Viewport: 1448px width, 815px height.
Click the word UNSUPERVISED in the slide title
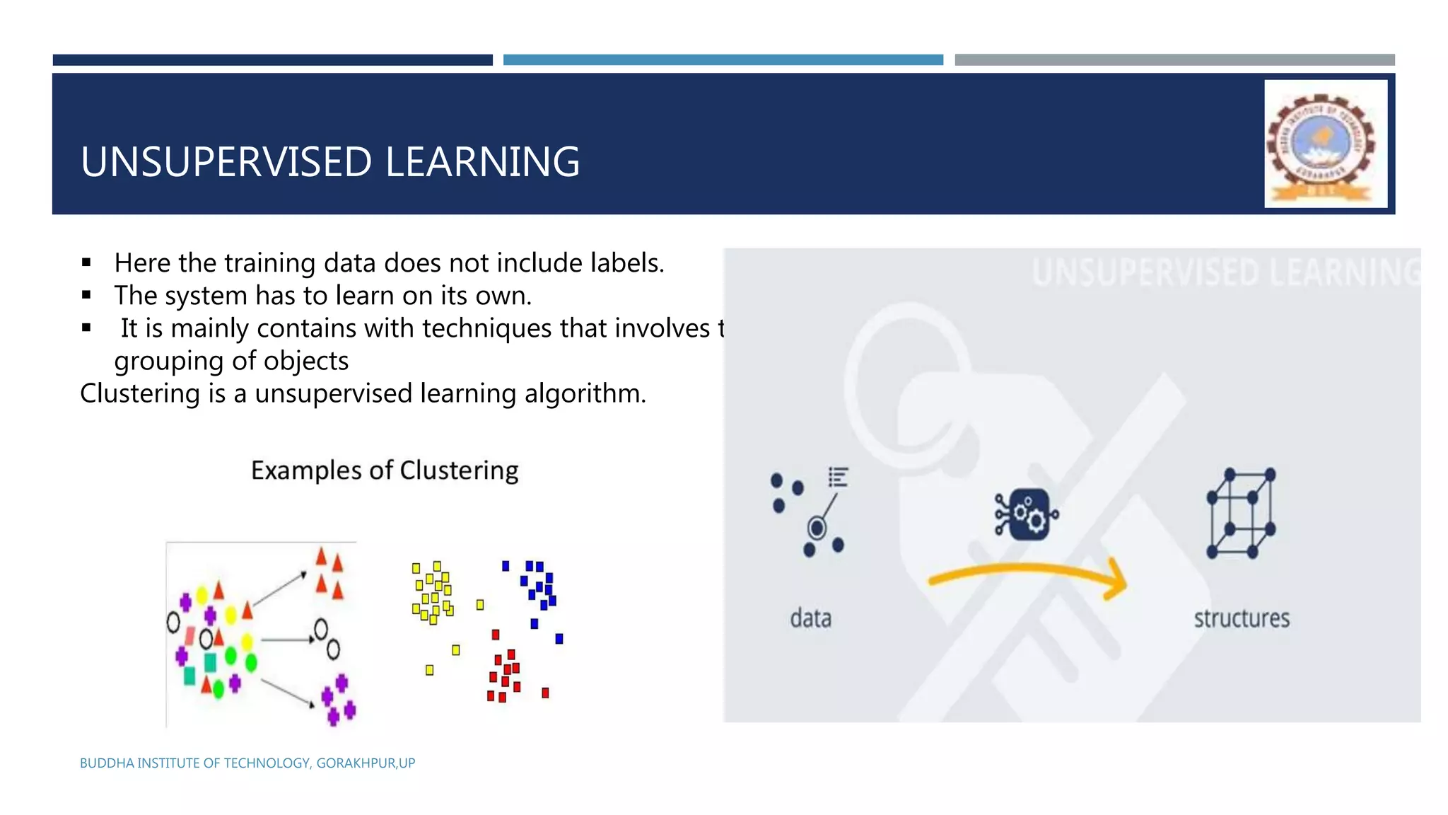226,162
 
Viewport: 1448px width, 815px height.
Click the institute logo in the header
1325,144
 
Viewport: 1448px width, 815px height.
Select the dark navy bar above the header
272,60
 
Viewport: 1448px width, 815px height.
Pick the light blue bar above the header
723,60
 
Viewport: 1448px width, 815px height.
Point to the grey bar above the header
1174,60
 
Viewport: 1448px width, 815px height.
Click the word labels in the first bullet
626,263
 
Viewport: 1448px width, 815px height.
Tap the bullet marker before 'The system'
86,295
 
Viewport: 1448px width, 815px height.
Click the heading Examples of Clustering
385,470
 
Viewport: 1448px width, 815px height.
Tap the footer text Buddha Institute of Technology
247,763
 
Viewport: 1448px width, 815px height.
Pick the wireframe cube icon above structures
1241,513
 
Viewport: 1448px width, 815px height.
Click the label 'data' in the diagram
810,618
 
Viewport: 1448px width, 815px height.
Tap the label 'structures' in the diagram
1242,618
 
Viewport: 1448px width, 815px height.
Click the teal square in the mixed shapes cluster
210,662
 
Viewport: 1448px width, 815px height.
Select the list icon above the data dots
838,478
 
